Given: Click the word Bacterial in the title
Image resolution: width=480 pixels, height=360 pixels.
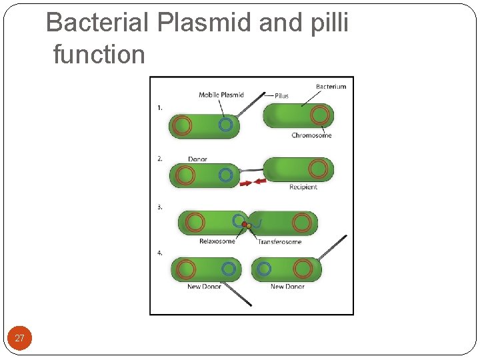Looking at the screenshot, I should pyautogui.click(x=97, y=23).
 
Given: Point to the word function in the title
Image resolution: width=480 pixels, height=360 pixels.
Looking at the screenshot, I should pyautogui.click(x=99, y=55).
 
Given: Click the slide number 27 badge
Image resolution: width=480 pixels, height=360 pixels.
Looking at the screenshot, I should pyautogui.click(x=19, y=338).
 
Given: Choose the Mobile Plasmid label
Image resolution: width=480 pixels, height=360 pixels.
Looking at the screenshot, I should pyautogui.click(x=221, y=95).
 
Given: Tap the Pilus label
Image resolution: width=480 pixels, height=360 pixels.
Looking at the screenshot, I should pyautogui.click(x=281, y=96).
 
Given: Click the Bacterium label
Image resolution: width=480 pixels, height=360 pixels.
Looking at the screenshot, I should pyautogui.click(x=331, y=87).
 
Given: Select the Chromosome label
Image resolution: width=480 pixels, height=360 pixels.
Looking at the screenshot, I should pyautogui.click(x=311, y=135).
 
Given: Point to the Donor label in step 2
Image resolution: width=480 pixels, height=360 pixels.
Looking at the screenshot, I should pyautogui.click(x=197, y=159).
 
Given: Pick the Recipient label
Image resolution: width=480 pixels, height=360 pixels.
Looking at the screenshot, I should pyautogui.click(x=303, y=187).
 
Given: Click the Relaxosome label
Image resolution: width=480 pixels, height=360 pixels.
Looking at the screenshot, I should pyautogui.click(x=217, y=241).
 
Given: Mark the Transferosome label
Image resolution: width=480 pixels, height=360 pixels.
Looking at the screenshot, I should pyautogui.click(x=280, y=241).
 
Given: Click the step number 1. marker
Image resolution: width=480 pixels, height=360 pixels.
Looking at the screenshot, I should pyautogui.click(x=160, y=107).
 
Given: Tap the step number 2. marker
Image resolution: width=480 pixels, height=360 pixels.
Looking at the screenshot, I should pyautogui.click(x=160, y=159).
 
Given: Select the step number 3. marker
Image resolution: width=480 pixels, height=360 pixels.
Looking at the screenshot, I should pyautogui.click(x=160, y=207).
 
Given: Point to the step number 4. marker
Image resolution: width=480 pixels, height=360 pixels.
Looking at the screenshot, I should pyautogui.click(x=160, y=253).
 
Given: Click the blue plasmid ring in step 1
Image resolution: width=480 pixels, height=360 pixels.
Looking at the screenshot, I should pyautogui.click(x=226, y=125).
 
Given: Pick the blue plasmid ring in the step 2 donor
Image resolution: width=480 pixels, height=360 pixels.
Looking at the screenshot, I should pyautogui.click(x=225, y=175).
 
